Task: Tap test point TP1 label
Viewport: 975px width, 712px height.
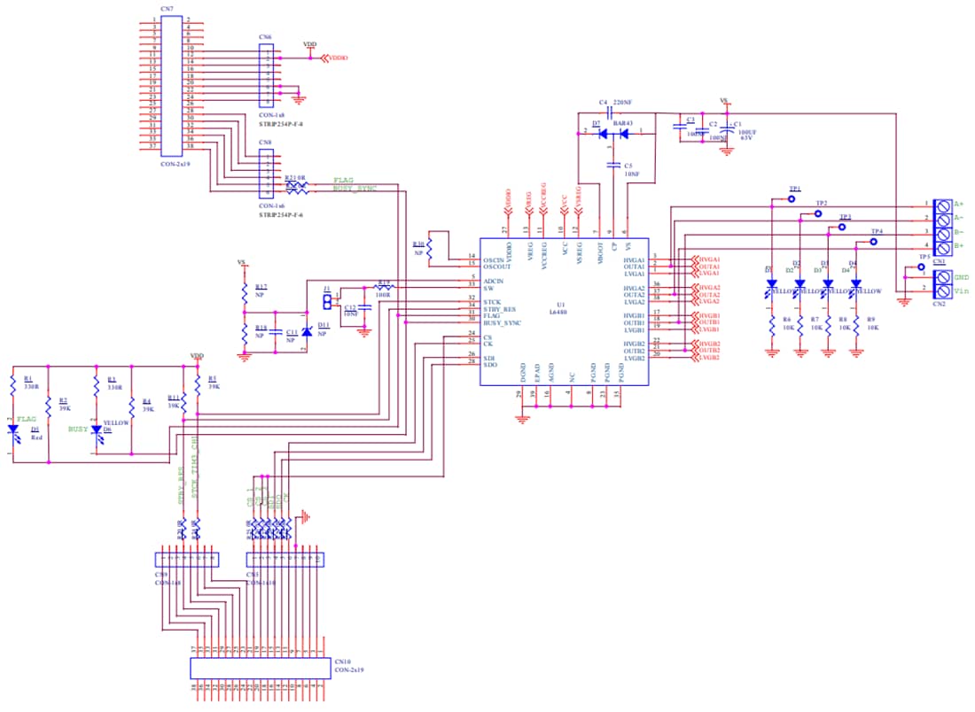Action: (x=795, y=189)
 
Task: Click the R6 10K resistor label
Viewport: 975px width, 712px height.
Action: (x=787, y=323)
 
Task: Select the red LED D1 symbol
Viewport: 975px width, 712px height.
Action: (x=13, y=430)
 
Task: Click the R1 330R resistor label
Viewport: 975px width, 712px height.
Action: (x=32, y=382)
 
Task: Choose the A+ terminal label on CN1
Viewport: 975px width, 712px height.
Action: (x=959, y=204)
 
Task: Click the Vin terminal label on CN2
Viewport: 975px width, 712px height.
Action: (x=961, y=290)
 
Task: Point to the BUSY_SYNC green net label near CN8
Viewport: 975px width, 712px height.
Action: (x=354, y=188)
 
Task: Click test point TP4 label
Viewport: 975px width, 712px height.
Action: (x=877, y=230)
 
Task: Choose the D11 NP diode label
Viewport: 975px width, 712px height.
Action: (x=323, y=330)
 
